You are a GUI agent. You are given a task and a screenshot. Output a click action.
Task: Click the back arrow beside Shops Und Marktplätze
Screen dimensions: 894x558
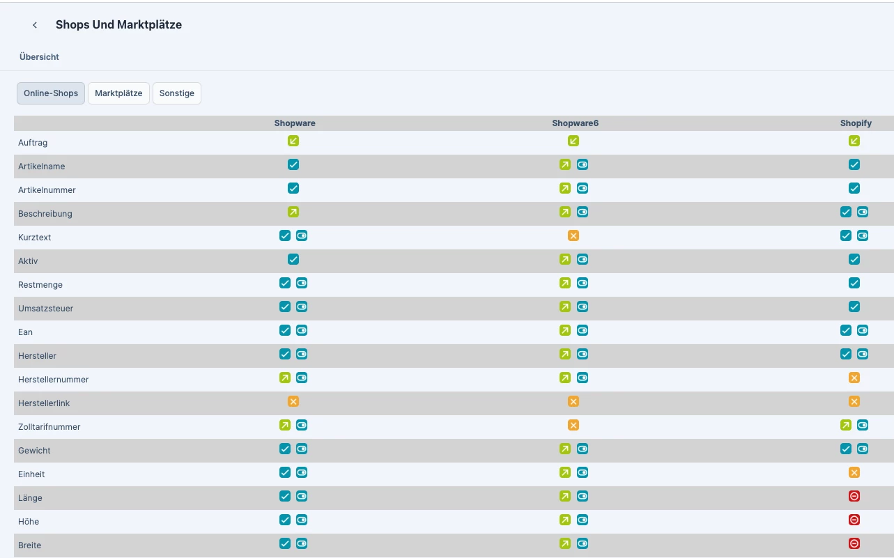pos(35,25)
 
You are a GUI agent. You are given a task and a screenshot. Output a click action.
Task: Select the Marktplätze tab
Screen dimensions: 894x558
pos(118,93)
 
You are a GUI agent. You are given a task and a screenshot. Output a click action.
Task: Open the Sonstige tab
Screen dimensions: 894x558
pos(177,93)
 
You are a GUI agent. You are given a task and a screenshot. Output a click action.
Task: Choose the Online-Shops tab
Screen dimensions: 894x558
pos(51,93)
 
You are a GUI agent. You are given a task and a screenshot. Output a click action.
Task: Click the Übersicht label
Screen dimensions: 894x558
pos(39,56)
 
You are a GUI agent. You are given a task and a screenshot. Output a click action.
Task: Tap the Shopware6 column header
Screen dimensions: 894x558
pos(575,123)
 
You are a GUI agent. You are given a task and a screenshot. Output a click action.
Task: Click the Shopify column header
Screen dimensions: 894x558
pos(856,123)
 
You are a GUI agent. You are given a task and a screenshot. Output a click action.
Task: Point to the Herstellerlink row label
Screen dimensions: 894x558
pos(44,403)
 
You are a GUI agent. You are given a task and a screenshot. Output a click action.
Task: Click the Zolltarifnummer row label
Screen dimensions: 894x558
pos(49,426)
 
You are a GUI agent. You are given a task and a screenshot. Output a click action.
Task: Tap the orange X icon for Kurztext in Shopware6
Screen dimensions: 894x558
pos(573,235)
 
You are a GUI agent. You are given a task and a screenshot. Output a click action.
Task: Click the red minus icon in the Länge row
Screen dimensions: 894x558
pos(854,496)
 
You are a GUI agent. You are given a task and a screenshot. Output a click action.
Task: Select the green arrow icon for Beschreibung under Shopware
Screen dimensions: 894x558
pos(293,212)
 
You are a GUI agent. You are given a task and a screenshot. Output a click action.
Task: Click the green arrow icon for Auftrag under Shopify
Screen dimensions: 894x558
pos(854,141)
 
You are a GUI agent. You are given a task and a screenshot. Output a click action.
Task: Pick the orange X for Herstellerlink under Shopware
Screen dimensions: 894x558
pos(293,401)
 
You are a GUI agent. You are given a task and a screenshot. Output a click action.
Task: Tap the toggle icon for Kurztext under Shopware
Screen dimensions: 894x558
pos(302,235)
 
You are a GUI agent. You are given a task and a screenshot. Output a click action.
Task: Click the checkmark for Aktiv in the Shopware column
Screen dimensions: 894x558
pos(293,259)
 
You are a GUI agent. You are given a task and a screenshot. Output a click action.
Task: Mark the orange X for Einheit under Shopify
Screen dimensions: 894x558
pos(854,472)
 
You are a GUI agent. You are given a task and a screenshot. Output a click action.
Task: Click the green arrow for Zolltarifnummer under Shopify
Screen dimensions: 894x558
pos(846,425)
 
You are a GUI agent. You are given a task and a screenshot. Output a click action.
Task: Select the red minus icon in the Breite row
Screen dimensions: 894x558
pos(854,543)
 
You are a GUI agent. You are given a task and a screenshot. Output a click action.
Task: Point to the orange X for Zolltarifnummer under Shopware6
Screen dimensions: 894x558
pos(573,425)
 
